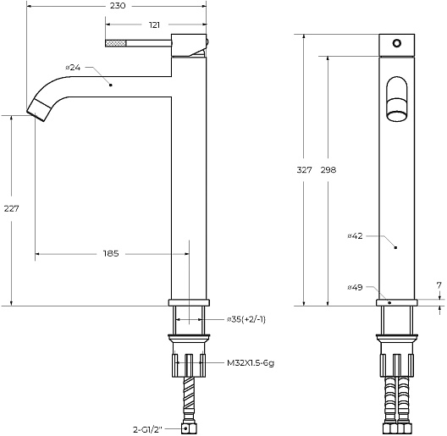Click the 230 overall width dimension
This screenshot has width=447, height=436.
click(x=118, y=6)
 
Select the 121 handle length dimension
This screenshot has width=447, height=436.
click(x=154, y=25)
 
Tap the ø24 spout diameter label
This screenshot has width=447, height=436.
click(x=73, y=68)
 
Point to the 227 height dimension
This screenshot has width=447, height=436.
click(x=11, y=209)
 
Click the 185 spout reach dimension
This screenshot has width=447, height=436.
click(x=111, y=253)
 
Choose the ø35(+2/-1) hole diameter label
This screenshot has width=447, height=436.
click(x=246, y=319)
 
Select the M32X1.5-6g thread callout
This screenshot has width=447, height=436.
click(x=251, y=363)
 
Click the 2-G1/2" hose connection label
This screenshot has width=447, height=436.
click(x=147, y=429)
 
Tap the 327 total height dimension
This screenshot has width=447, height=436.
click(x=305, y=170)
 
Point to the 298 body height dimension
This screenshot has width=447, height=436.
click(x=328, y=170)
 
